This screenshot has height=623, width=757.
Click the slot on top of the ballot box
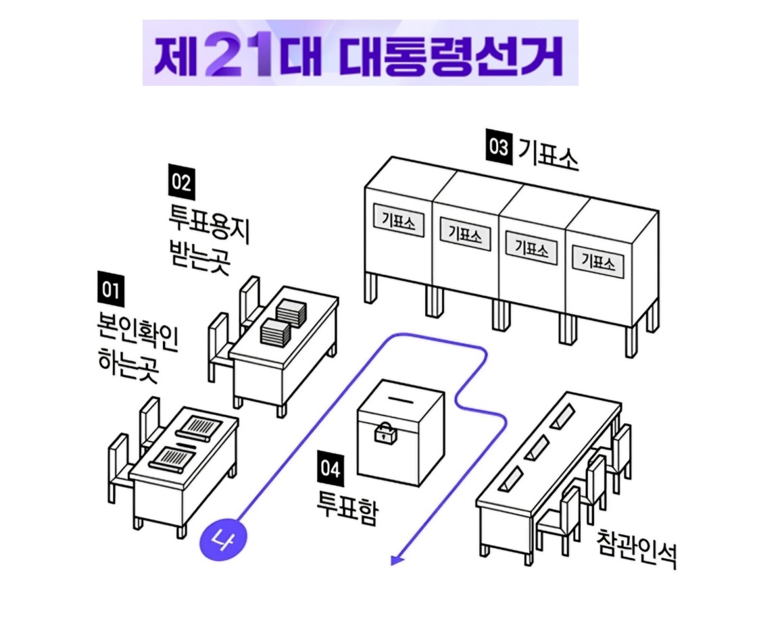(400, 400)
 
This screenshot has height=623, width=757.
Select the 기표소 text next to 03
(547, 153)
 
